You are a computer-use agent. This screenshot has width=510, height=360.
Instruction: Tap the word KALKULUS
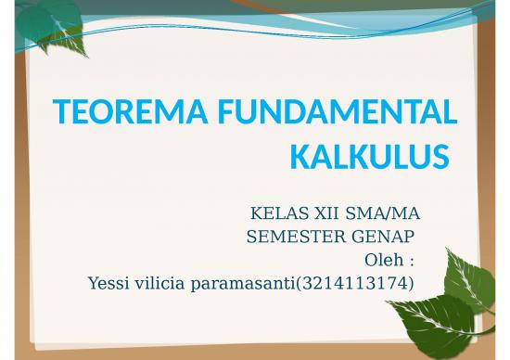[363, 158]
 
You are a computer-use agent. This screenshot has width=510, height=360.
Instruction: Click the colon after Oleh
[410, 261]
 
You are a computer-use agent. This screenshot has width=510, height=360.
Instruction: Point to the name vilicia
[159, 282]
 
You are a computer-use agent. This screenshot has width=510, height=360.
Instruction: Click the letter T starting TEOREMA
[62, 114]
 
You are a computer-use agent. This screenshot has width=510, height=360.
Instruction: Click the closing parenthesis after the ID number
[410, 282]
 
